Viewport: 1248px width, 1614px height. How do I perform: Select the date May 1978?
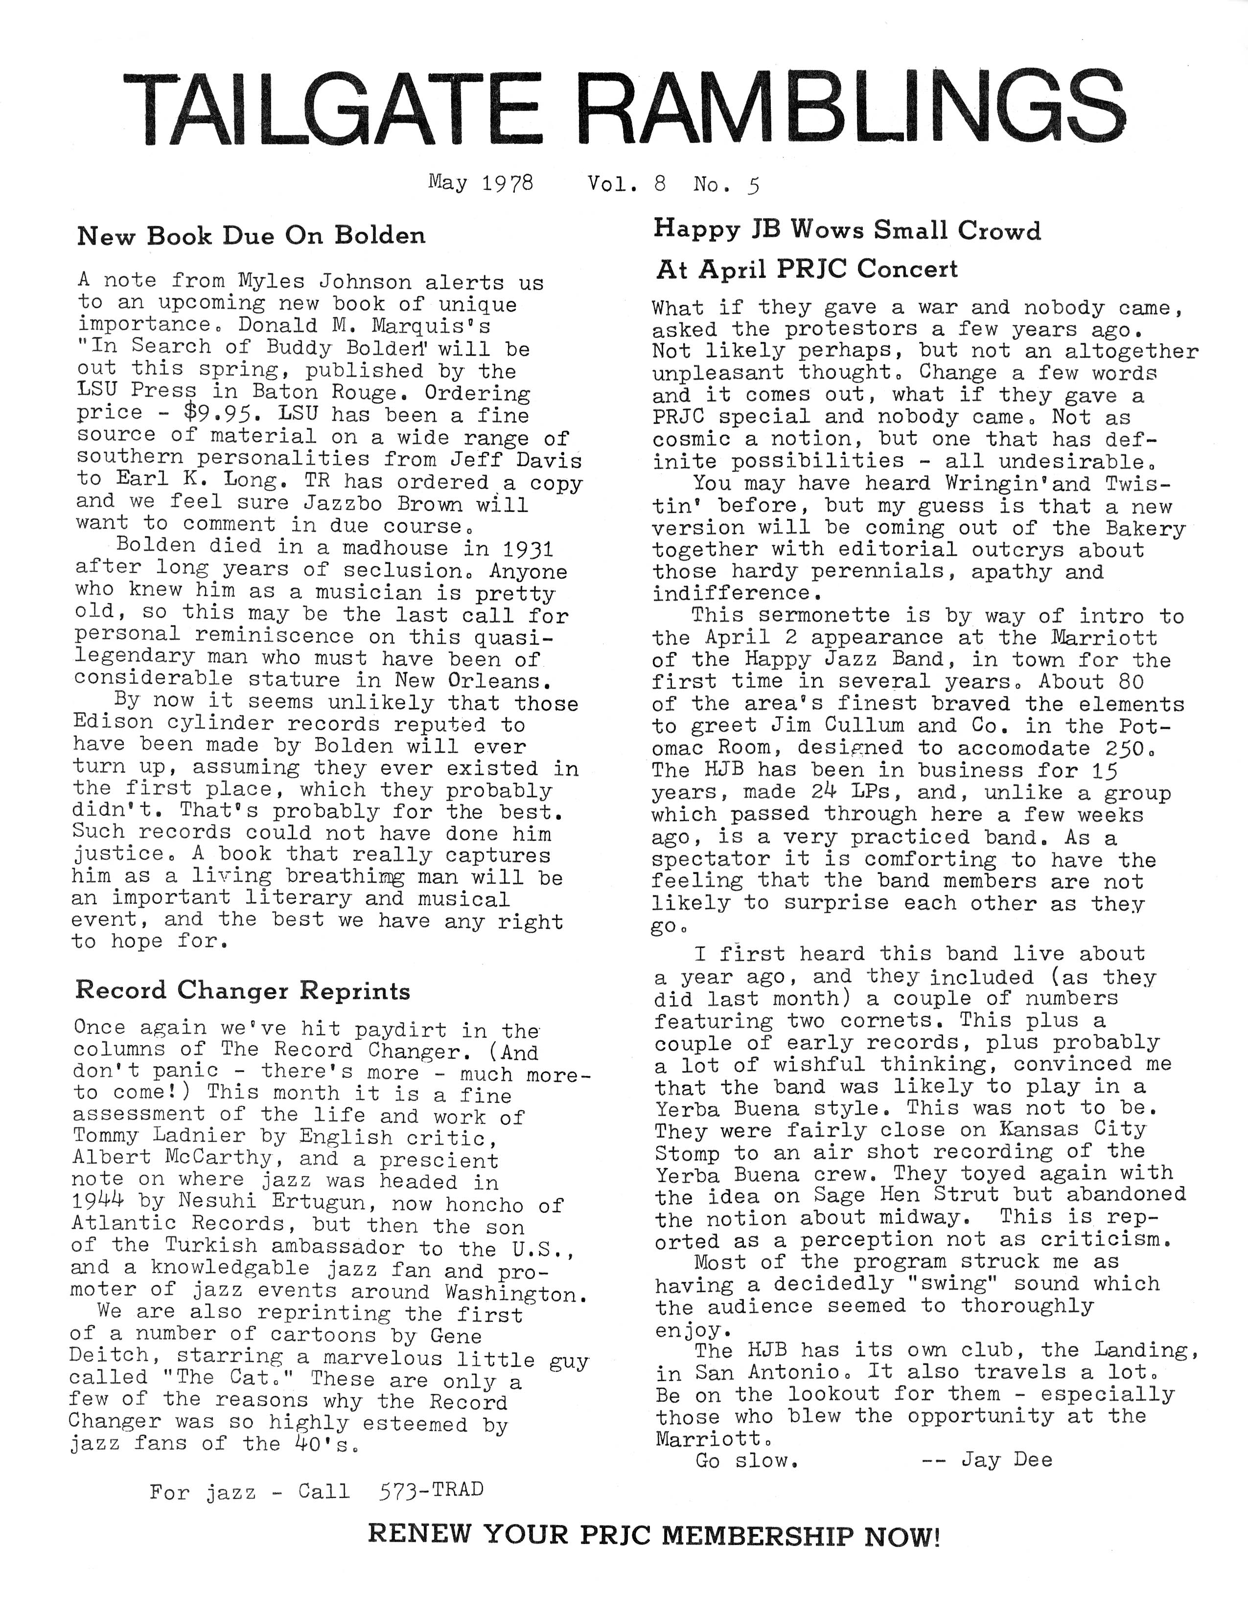pyautogui.click(x=481, y=182)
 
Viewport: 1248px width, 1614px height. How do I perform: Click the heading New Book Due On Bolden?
pyautogui.click(x=252, y=236)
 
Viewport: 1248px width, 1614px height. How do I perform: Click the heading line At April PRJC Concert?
pyautogui.click(x=807, y=269)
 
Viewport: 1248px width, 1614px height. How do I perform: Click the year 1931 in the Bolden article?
pyautogui.click(x=527, y=548)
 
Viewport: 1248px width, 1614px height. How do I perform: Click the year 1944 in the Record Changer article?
pyautogui.click(x=99, y=1202)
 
